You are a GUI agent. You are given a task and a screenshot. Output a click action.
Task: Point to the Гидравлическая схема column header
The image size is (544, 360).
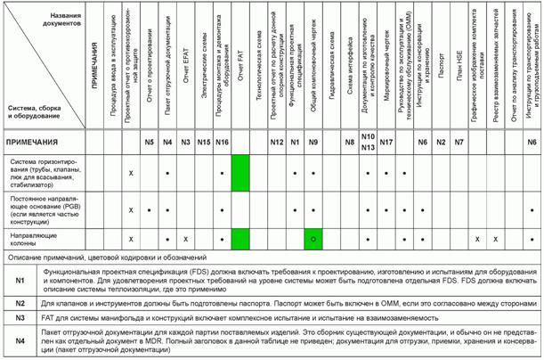(331, 71)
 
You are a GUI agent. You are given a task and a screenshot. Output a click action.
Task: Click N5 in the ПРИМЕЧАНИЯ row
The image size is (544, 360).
(150, 143)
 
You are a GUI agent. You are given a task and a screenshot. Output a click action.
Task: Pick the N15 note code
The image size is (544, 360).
(203, 143)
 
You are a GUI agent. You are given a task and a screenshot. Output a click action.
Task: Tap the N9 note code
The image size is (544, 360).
(313, 143)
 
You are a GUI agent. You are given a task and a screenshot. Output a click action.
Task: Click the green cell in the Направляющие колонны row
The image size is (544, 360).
(240, 239)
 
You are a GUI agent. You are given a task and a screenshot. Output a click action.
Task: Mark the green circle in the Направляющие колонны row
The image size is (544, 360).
(313, 240)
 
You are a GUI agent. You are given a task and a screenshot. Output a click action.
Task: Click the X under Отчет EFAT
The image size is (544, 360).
(185, 240)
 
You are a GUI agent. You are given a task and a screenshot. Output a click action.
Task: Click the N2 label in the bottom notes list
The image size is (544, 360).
(20, 303)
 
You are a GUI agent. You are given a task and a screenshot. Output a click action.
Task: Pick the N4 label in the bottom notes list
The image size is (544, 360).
(20, 340)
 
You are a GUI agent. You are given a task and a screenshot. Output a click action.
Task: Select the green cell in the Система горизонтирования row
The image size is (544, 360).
(240, 172)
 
